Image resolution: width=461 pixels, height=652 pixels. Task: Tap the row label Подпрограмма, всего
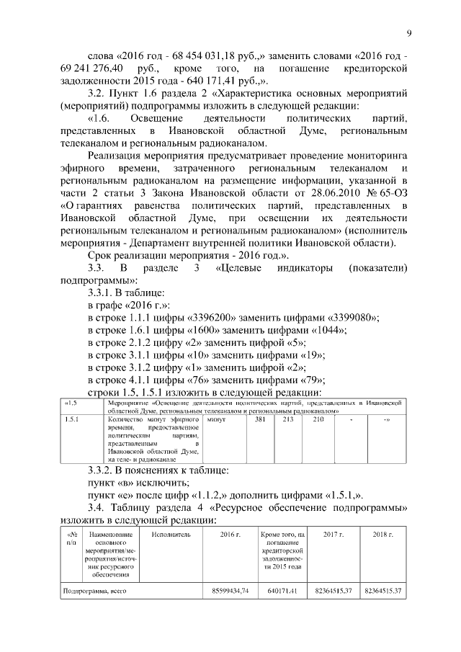pos(89,591)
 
